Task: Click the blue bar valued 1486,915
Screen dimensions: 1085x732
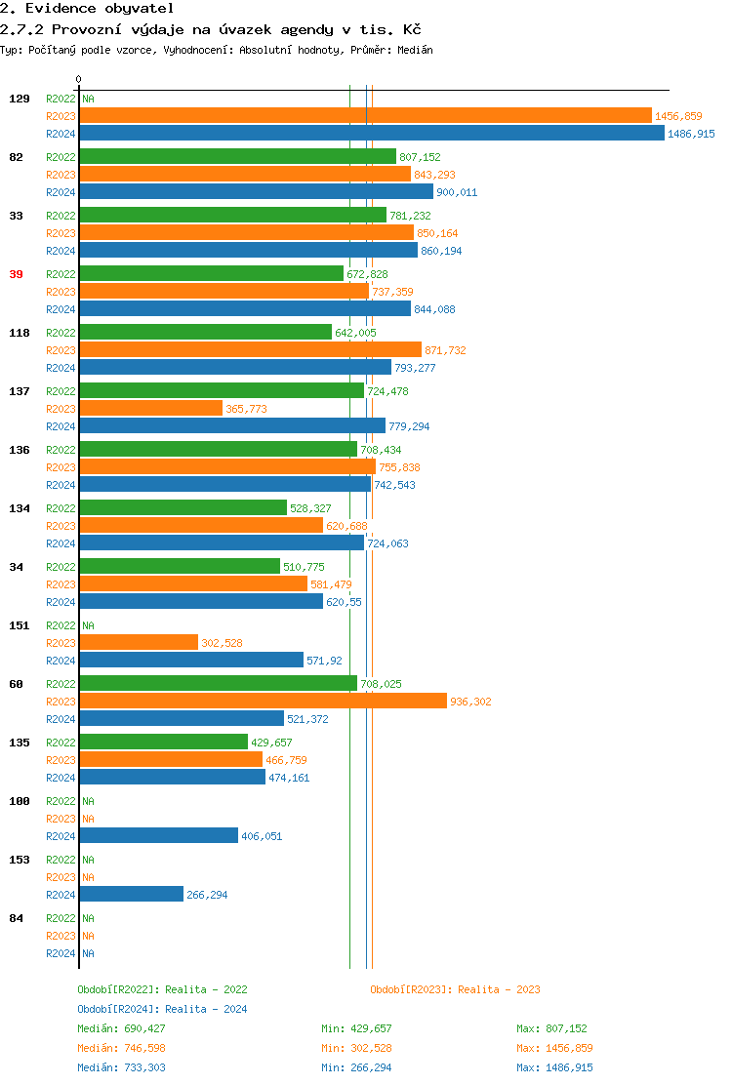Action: [371, 134]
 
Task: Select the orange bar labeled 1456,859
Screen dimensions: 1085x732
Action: [365, 116]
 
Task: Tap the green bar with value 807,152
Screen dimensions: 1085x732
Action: [237, 157]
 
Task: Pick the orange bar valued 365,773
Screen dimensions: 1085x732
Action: [150, 409]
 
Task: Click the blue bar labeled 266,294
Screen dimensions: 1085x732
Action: [131, 895]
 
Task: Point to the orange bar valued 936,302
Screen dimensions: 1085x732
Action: [263, 702]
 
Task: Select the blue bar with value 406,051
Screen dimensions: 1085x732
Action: [158, 836]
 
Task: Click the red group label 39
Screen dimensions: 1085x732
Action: [16, 274]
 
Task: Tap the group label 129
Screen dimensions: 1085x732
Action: [20, 99]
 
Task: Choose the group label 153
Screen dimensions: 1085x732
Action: [20, 860]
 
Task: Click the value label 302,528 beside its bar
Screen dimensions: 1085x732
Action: [222, 643]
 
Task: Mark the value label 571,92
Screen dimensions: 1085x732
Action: [324, 661]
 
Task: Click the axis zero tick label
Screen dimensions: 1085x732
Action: [79, 79]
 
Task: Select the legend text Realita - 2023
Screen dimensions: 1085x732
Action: [499, 989]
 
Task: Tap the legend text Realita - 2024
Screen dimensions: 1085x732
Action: [206, 1009]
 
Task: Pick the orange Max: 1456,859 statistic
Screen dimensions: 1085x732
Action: [554, 1048]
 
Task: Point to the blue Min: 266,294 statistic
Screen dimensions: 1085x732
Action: [356, 1067]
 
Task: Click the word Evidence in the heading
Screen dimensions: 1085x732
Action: [60, 8]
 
